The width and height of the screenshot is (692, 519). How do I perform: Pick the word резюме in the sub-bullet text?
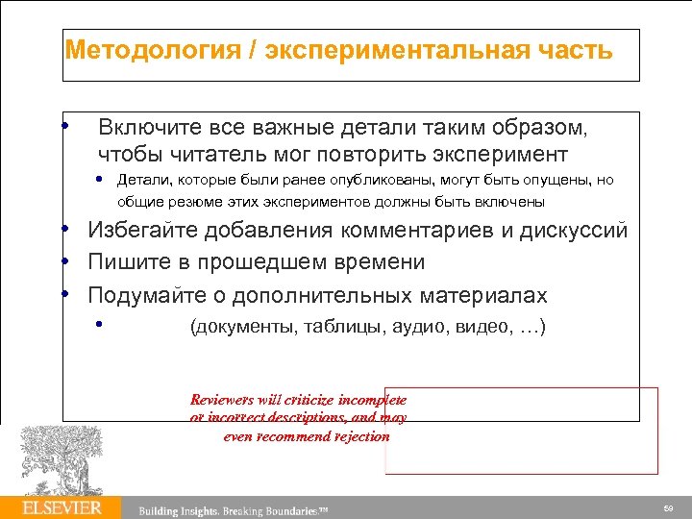(187, 202)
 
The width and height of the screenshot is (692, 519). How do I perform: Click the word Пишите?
(127, 262)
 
